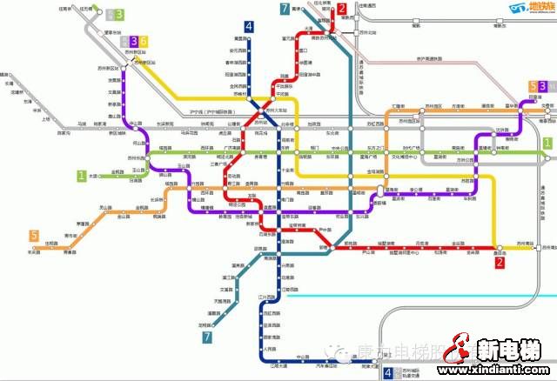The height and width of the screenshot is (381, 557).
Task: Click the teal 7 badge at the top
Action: (285, 10)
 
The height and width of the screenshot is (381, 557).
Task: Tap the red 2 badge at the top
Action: (342, 10)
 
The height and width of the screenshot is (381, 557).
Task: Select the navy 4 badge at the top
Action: (249, 27)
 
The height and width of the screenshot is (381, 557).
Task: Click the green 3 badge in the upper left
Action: (119, 15)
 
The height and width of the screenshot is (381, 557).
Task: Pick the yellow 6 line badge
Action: (144, 41)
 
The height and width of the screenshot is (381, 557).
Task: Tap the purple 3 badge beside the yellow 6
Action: (133, 41)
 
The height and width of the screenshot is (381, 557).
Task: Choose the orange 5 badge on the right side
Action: (533, 86)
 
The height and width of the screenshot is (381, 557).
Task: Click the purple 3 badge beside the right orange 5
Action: (542, 86)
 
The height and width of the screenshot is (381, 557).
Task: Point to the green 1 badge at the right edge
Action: (547, 142)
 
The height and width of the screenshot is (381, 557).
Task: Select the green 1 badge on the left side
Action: (81, 176)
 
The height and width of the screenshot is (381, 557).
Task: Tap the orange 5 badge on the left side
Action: (34, 236)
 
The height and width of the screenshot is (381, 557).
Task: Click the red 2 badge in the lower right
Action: (500, 261)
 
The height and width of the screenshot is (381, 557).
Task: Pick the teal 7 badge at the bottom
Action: (207, 337)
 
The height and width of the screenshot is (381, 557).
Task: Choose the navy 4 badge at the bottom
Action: (387, 373)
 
